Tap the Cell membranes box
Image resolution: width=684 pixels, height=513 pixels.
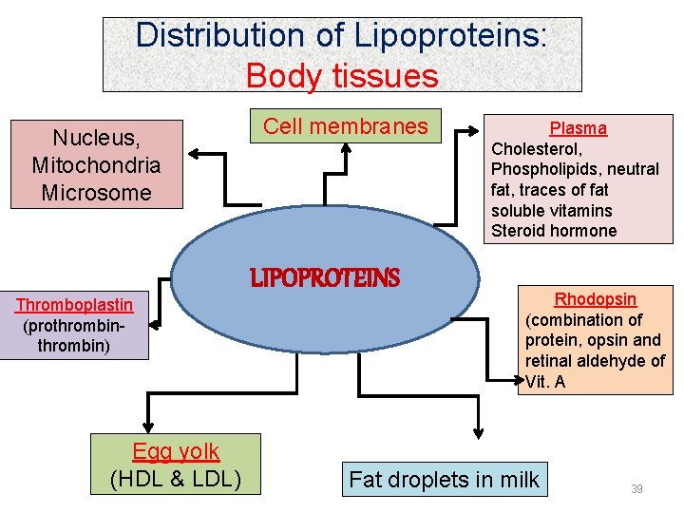tap(346, 126)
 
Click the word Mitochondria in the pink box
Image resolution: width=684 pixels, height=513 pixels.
tap(96, 165)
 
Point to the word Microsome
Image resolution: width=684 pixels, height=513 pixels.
tap(96, 193)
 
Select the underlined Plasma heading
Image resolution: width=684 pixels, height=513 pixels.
tap(578, 128)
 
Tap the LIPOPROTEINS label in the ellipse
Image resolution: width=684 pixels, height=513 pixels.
tap(325, 278)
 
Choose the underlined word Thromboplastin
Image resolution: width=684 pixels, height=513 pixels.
tap(74, 305)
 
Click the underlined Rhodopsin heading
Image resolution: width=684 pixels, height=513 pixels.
tap(596, 299)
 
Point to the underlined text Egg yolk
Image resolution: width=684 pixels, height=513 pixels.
tap(176, 452)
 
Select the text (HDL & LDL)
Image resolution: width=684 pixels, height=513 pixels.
tap(176, 479)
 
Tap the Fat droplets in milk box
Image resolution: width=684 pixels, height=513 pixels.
tap(444, 480)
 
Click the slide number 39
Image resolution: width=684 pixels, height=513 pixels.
tap(636, 489)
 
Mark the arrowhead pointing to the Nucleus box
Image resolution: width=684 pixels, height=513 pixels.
tap(194, 152)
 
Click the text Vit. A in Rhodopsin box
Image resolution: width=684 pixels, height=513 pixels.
tap(546, 382)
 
